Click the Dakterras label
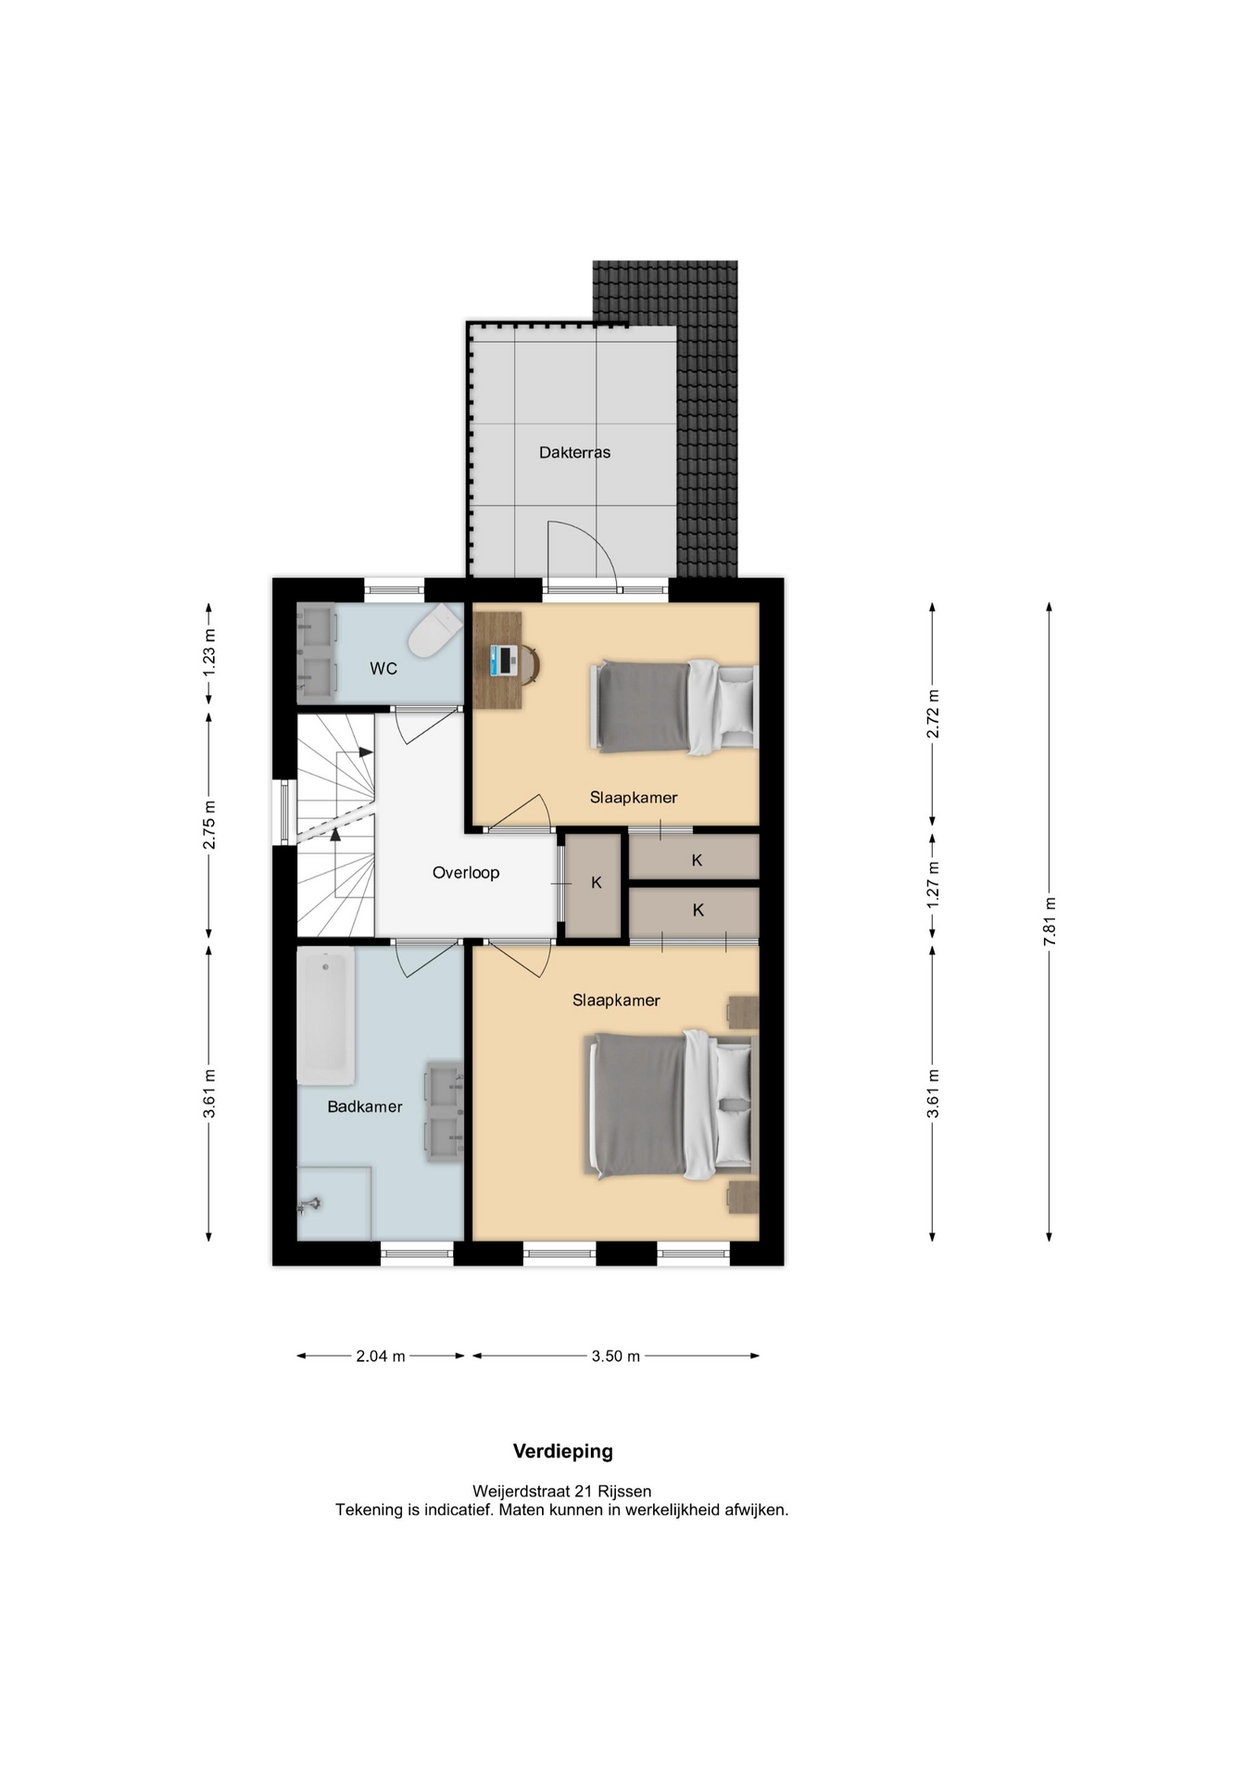[574, 452]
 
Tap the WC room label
[384, 668]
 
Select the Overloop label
[466, 873]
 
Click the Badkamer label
[365, 1106]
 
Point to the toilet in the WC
[435, 630]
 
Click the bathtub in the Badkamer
[325, 1016]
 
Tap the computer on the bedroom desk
[505, 660]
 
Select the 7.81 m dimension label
[1050, 921]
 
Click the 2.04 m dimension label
[381, 1356]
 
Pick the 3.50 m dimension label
[616, 1356]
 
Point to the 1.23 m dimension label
[209, 651]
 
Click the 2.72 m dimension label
[933, 714]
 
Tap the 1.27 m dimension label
[933, 884]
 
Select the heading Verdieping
[563, 1451]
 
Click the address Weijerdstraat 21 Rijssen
[562, 1491]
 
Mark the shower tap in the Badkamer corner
[309, 1205]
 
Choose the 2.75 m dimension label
[209, 825]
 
